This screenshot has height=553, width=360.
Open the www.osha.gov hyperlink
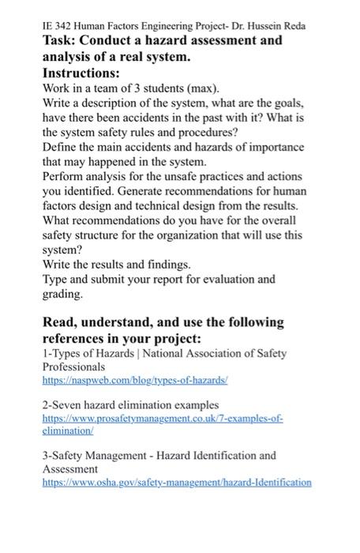[x=177, y=481]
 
